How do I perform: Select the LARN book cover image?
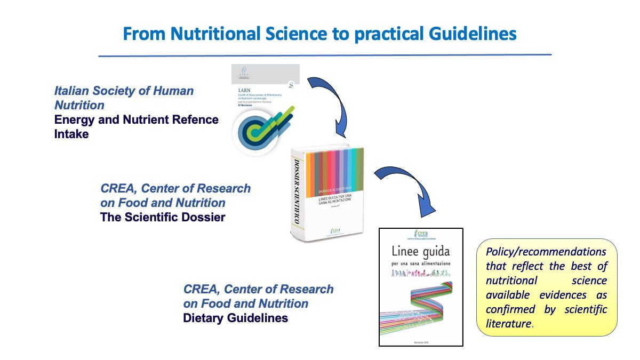click(265, 109)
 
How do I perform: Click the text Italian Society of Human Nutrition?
click(124, 98)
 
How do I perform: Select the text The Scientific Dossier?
click(163, 217)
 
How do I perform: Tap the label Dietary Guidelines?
click(235, 318)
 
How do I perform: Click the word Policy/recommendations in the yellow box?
click(546, 252)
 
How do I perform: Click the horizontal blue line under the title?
click(324, 55)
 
